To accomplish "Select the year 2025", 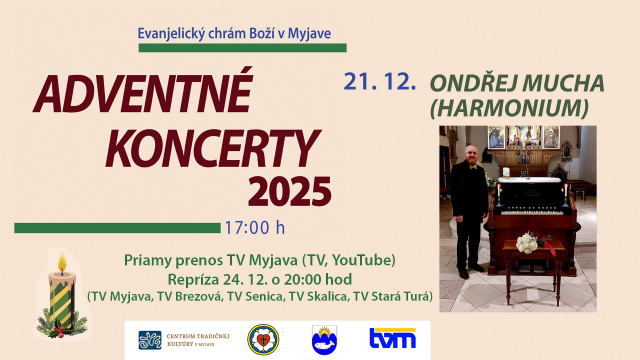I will [x=289, y=190].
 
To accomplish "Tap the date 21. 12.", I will [x=379, y=82].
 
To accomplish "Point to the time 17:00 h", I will [x=254, y=227].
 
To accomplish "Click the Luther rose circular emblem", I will [x=263, y=339].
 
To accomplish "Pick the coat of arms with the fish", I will [x=324, y=339].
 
